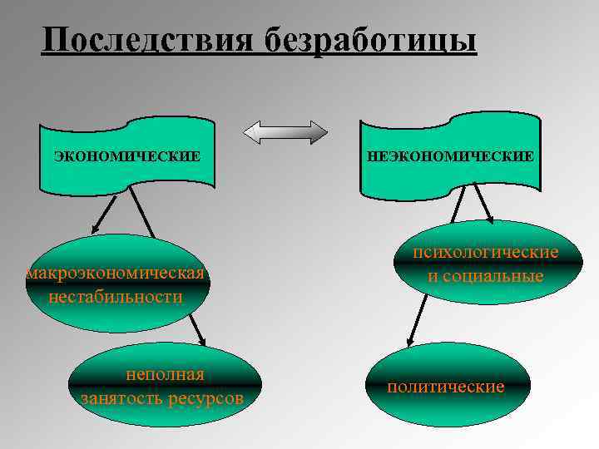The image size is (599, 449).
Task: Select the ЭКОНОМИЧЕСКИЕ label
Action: coord(127,155)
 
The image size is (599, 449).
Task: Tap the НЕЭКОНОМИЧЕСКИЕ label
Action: coord(450,155)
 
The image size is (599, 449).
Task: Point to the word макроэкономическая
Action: coord(116,274)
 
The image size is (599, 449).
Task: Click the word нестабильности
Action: coord(116,296)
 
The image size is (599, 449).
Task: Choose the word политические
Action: coord(446,387)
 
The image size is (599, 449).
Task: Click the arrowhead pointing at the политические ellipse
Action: coord(408,341)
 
